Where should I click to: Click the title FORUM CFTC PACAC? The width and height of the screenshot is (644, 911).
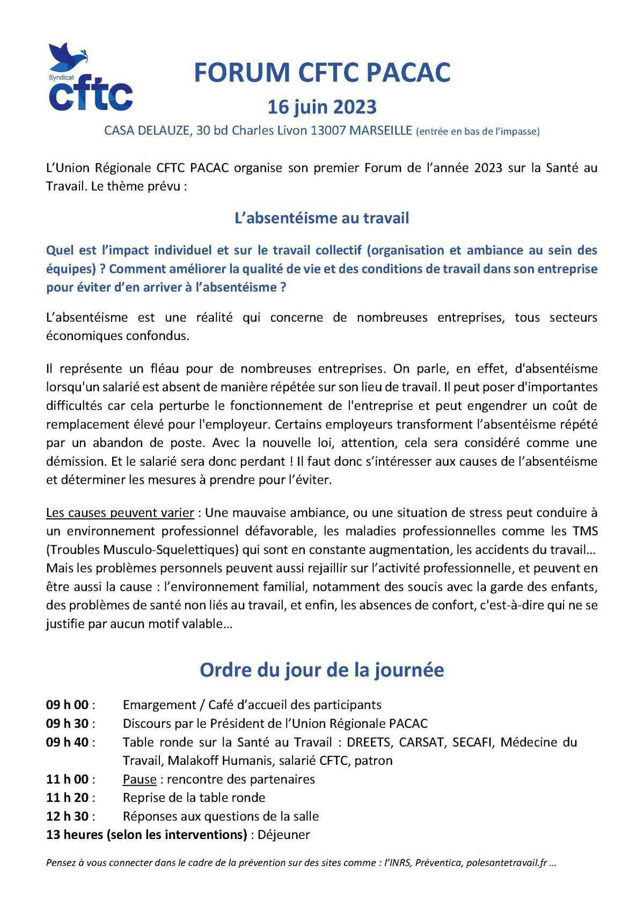pyautogui.click(x=322, y=73)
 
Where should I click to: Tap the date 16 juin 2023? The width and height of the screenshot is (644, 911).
pyautogui.click(x=322, y=107)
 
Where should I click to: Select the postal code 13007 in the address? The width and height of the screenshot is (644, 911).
pyautogui.click(x=328, y=131)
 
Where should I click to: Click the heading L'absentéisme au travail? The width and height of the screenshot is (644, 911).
pyautogui.click(x=322, y=218)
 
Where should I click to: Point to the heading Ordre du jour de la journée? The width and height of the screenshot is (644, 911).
pyautogui.click(x=322, y=670)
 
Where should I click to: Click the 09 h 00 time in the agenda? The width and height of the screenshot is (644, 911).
pyautogui.click(x=68, y=705)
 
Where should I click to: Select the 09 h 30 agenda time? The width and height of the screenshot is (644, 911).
pyautogui.click(x=68, y=723)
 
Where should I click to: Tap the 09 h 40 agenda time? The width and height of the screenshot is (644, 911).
pyautogui.click(x=68, y=742)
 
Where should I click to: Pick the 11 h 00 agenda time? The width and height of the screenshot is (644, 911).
pyautogui.click(x=68, y=779)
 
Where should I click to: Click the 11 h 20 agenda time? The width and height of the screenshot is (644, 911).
pyautogui.click(x=68, y=798)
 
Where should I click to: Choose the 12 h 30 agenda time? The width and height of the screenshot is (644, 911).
pyautogui.click(x=68, y=816)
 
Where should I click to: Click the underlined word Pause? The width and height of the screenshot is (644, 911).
pyautogui.click(x=140, y=779)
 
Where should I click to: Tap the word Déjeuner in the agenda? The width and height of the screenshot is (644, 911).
pyautogui.click(x=284, y=835)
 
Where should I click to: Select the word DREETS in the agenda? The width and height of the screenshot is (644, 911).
pyautogui.click(x=369, y=742)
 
